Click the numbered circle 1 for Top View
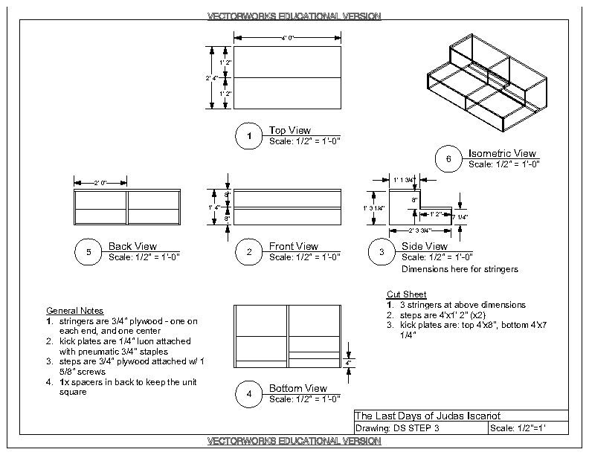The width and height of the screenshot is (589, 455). (x=249, y=136)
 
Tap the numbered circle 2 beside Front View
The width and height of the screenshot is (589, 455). (x=249, y=252)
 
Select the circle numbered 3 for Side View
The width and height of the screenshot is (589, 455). (x=382, y=252)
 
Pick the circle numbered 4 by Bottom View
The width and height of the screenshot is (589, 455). (x=249, y=394)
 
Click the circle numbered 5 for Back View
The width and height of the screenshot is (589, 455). (x=88, y=252)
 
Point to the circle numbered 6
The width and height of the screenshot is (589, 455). (x=448, y=159)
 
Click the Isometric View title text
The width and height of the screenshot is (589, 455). (x=502, y=154)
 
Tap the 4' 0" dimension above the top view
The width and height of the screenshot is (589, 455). (x=287, y=37)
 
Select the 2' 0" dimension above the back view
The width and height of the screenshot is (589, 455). (x=100, y=182)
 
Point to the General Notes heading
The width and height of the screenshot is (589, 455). (x=74, y=310)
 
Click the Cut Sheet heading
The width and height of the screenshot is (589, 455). (x=407, y=294)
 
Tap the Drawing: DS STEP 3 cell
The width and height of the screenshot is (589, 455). (x=398, y=429)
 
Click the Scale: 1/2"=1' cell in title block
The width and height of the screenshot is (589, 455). (x=527, y=429)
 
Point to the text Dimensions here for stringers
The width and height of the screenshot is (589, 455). (x=460, y=268)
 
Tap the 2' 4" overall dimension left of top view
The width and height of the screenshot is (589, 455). (x=210, y=77)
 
